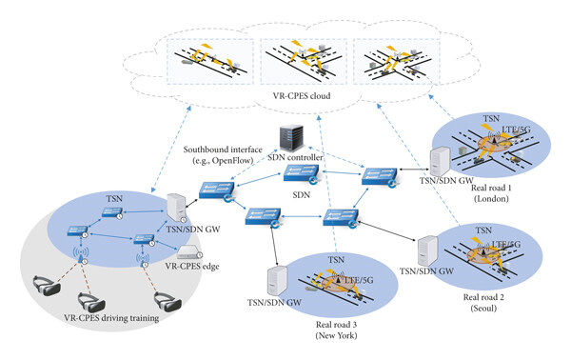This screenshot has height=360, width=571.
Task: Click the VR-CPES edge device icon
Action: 187,252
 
